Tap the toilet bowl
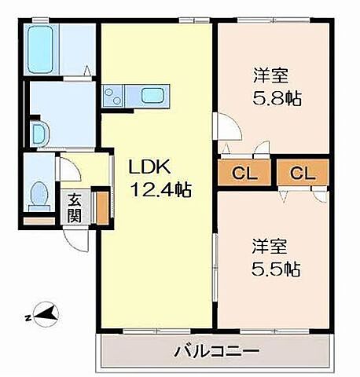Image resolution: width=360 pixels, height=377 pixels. click(x=38, y=194)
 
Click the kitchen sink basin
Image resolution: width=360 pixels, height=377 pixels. click(x=151, y=97)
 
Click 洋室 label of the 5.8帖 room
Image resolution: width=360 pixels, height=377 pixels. click(x=270, y=77)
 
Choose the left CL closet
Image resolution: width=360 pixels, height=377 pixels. click(x=245, y=174)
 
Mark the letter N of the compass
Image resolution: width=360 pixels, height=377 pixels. click(x=28, y=318)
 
